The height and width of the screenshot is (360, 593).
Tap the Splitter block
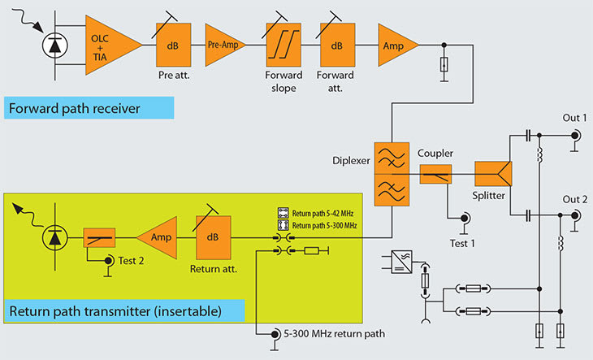pos(492,173)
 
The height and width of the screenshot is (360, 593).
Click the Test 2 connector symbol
pos(109,260)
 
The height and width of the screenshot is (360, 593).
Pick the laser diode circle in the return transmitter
pos(54,238)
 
